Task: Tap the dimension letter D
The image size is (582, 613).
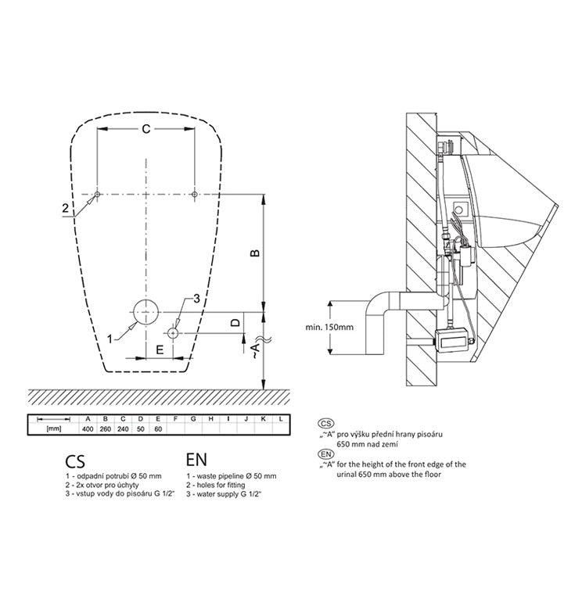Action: coord(235,322)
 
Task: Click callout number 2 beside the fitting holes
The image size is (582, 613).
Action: coord(66,207)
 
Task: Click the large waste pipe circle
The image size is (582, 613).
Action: coord(145,311)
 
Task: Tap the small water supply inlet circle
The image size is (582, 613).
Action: coord(173,331)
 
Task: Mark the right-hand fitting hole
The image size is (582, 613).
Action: coord(193,193)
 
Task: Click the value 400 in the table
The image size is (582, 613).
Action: coord(88,429)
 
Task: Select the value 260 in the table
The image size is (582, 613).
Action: coord(106,429)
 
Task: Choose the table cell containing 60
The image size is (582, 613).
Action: coord(157,429)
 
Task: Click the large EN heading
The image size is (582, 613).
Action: coord(197,459)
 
